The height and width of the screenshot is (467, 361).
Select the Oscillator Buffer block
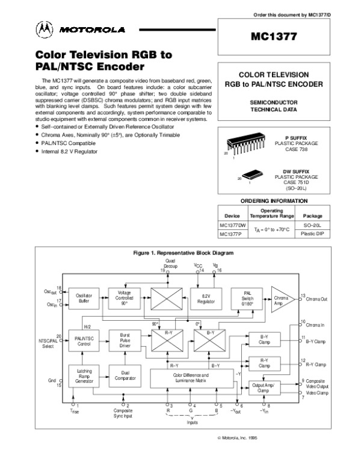point(84,298)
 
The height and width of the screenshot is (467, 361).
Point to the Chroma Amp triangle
point(282,298)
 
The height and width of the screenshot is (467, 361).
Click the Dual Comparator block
point(125,376)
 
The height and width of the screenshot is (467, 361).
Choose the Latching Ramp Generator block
point(84,376)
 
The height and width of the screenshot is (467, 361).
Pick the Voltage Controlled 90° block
point(125,298)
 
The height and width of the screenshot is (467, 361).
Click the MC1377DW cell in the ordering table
point(229,225)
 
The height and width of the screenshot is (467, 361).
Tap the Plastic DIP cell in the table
point(313,233)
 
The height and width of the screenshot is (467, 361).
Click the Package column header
point(313,215)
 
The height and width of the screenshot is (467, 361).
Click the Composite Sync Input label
point(123,413)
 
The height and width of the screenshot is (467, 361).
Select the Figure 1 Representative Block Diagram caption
point(182,254)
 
